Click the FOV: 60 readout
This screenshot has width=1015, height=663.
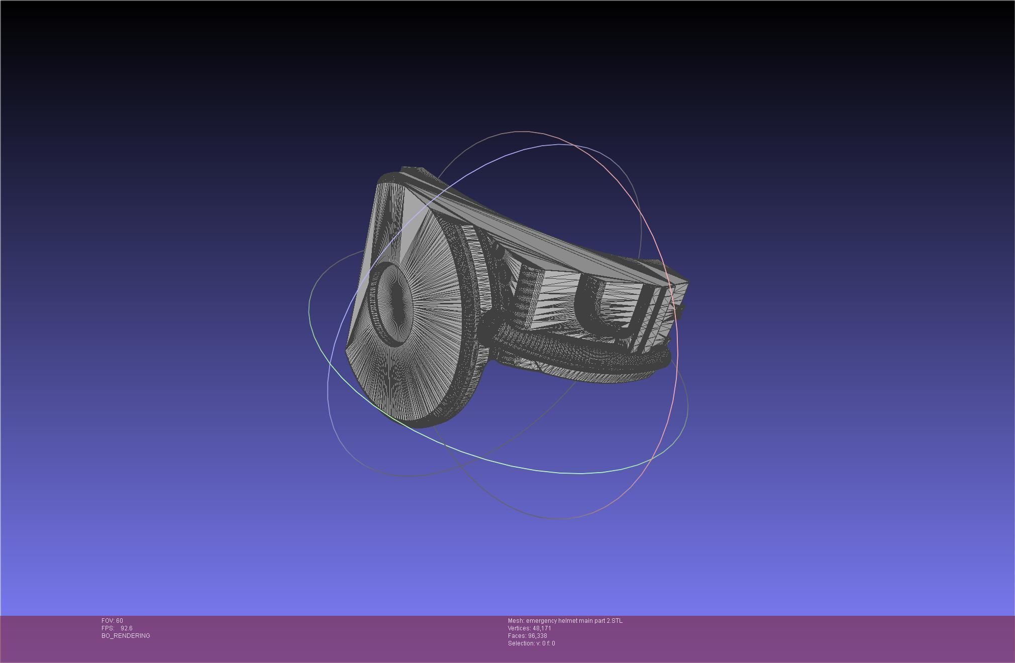(112, 621)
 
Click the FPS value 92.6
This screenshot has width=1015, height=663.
(126, 628)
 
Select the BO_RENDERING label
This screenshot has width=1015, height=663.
(126, 636)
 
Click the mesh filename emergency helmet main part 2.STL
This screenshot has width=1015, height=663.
(574, 621)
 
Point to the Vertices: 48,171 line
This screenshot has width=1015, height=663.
(529, 628)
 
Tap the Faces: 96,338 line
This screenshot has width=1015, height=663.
(527, 636)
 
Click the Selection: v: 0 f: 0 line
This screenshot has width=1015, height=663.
(531, 643)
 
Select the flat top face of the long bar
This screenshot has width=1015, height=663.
(528, 231)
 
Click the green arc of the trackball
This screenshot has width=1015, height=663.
(502, 463)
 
